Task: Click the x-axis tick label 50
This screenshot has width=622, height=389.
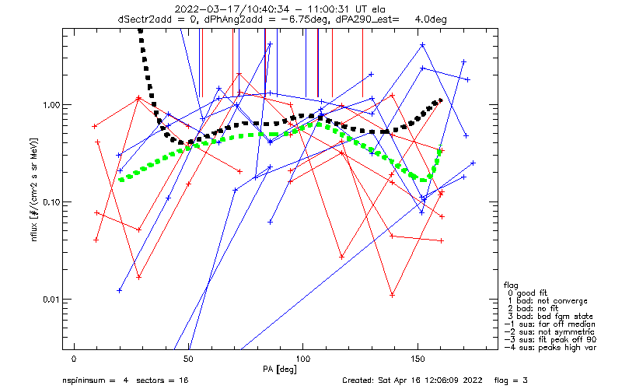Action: (188, 359)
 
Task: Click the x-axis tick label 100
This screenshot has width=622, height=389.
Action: (303, 359)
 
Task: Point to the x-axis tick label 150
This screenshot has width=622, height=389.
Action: (418, 359)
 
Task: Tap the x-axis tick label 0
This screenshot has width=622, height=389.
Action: (74, 359)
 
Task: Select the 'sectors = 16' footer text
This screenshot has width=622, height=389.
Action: (164, 381)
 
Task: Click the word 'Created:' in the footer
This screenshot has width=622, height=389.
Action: (362, 381)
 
